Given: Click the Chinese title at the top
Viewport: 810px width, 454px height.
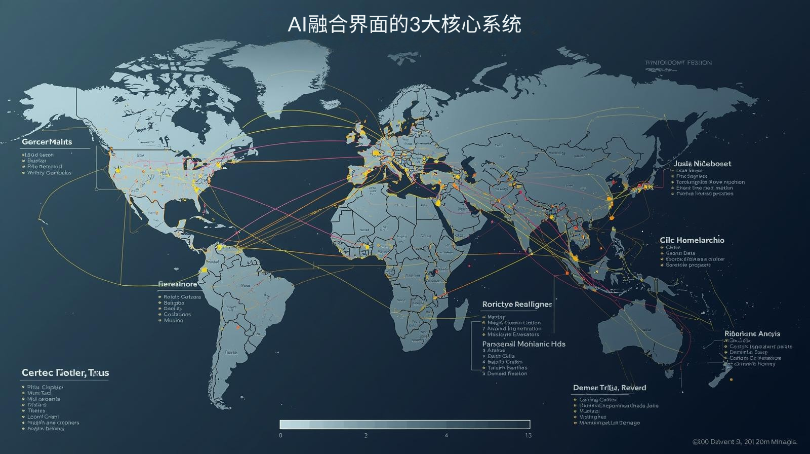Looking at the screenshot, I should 404,24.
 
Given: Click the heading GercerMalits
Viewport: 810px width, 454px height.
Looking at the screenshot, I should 47,142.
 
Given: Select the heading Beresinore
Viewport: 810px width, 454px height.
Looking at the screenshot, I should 178,284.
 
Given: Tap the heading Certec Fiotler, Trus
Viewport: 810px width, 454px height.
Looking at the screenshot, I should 65,373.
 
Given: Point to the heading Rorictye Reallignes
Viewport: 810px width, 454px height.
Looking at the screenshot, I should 517,305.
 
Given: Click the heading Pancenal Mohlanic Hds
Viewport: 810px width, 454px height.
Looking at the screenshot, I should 523,344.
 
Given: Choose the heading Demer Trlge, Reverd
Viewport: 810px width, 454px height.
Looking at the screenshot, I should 610,388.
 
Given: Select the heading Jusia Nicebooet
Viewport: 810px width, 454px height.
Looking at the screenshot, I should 702,164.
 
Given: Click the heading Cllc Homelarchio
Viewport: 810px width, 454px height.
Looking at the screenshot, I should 692,240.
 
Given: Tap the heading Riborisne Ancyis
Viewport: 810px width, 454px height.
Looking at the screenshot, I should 752,334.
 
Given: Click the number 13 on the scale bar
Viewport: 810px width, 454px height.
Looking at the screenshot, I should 528,436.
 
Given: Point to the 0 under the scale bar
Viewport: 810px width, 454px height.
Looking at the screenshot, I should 280,436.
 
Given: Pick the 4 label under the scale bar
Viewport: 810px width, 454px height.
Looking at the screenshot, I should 446,436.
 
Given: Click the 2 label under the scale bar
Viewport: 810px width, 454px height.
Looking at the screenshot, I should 366,436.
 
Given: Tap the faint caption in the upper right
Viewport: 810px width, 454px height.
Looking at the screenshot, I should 678,63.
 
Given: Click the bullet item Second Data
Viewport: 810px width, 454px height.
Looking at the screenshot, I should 680,253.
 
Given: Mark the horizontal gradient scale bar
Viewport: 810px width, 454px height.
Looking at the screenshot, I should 405,425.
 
